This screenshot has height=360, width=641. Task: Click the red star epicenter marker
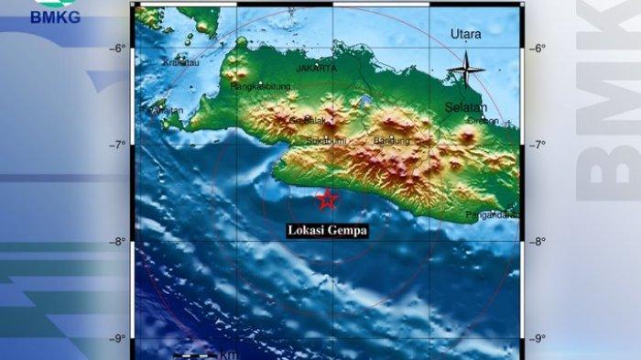[327, 199]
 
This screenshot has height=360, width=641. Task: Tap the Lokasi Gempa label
[327, 231]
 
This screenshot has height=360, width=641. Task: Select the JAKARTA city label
[316, 68]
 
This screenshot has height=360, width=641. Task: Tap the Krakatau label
[180, 62]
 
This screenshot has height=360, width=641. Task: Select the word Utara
[465, 34]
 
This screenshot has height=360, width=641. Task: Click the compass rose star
[465, 69]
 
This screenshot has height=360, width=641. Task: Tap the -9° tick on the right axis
[539, 339]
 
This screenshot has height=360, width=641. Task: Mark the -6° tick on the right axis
[539, 49]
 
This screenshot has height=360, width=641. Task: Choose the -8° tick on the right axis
[539, 242]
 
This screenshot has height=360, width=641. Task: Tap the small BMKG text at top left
[55, 16]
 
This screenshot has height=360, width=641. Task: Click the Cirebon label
[483, 120]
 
